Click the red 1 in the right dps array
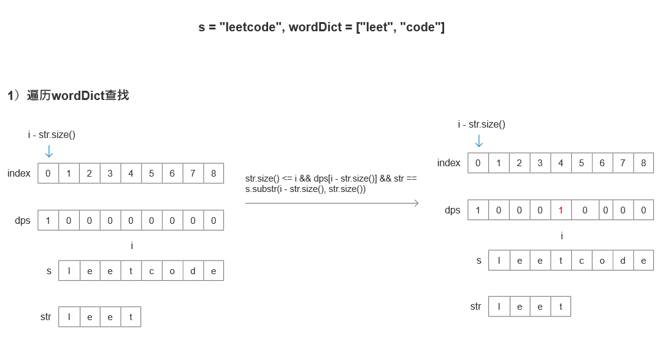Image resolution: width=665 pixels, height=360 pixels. click(x=561, y=210)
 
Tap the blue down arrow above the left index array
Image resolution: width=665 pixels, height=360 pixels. click(x=49, y=151)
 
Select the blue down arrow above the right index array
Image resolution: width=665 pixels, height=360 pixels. click(x=479, y=140)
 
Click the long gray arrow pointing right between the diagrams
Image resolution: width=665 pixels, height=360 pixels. click(x=331, y=203)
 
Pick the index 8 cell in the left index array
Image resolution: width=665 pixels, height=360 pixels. click(x=213, y=173)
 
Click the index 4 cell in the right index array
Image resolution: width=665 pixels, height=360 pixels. click(x=561, y=163)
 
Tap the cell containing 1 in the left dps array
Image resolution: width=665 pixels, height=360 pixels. click(x=48, y=220)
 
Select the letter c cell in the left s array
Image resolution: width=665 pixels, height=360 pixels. click(x=152, y=270)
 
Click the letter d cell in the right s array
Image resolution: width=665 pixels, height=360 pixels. click(x=623, y=260)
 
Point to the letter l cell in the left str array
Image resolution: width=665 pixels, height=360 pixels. click(x=69, y=316)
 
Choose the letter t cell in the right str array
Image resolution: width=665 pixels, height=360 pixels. click(x=561, y=307)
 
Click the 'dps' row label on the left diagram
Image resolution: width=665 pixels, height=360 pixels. click(x=23, y=220)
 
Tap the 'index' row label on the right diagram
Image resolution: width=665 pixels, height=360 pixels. click(x=448, y=163)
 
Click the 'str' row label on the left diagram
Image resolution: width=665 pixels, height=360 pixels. click(x=45, y=316)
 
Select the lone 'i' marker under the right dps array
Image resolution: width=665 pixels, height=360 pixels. click(x=562, y=236)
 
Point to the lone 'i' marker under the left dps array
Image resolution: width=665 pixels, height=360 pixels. click(x=132, y=246)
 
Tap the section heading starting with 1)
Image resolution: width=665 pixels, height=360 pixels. click(x=68, y=96)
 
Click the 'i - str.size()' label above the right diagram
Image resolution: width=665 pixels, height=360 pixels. click(x=482, y=124)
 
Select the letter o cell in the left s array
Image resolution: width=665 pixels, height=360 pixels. click(x=172, y=270)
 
